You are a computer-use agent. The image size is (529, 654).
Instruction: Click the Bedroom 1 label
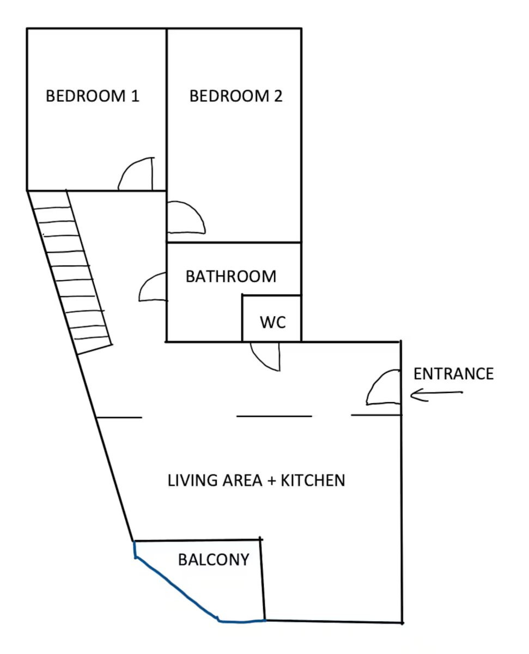(x=93, y=96)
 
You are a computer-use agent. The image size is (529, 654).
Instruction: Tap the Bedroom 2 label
(x=236, y=96)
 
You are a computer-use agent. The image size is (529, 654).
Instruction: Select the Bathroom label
(x=231, y=276)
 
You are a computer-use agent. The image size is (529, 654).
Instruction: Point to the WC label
(x=273, y=322)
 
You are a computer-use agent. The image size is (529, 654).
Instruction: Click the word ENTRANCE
(x=453, y=374)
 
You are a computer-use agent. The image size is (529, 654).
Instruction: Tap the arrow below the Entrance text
(x=436, y=395)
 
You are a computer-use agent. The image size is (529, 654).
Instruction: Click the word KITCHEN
(x=313, y=480)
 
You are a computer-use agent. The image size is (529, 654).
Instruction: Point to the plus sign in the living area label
(x=271, y=481)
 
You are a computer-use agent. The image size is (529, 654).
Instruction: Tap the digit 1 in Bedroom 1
(x=135, y=96)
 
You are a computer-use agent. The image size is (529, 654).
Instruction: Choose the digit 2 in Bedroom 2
(x=278, y=96)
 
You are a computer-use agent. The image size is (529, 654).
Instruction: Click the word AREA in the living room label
(x=242, y=480)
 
